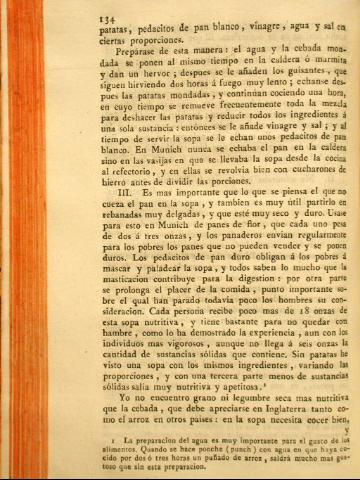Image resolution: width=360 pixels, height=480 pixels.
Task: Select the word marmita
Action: pos(322,62)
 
